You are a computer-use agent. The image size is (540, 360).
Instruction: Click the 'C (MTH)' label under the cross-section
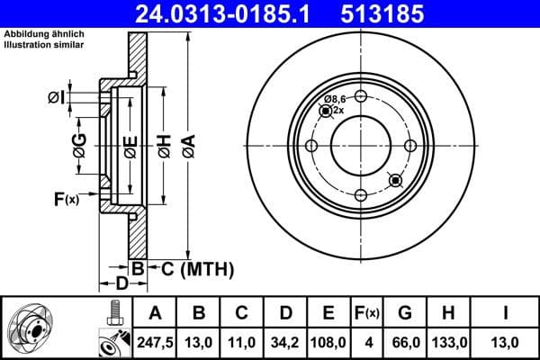(196, 268)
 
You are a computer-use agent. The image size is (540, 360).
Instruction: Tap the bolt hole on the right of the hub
(410, 146)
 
